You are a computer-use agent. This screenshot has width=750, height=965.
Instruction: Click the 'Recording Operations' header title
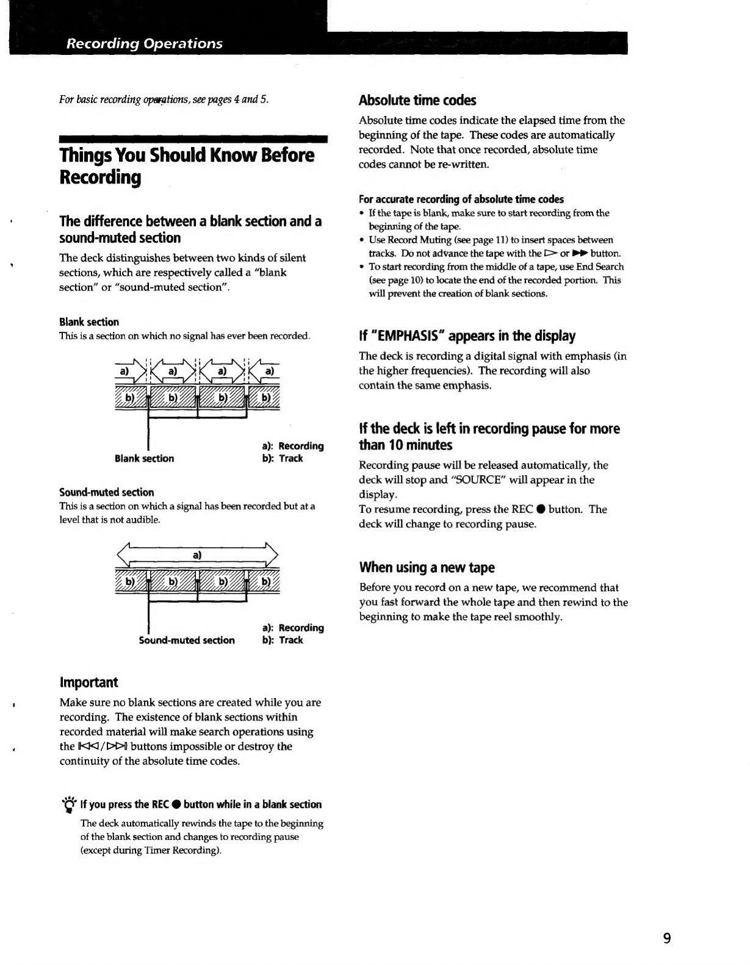[x=145, y=44]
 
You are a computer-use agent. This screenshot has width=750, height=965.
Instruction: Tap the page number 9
[x=667, y=938]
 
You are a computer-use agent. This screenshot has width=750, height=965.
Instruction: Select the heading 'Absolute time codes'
[x=417, y=100]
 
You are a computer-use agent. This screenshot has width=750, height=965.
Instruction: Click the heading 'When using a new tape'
[x=427, y=567]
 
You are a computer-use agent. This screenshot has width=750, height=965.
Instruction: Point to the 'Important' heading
[x=88, y=682]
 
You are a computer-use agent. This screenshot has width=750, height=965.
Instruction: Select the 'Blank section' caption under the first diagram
[x=144, y=459]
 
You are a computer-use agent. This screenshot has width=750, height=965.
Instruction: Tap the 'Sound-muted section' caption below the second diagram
[x=187, y=640]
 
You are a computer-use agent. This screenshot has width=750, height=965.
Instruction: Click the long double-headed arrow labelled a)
[x=197, y=555]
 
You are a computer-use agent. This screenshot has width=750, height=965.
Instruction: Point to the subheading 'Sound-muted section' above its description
[x=106, y=492]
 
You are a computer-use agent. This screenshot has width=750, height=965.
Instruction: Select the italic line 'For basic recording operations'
[x=164, y=99]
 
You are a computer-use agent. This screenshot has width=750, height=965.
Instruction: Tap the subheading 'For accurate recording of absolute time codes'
[x=461, y=199]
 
